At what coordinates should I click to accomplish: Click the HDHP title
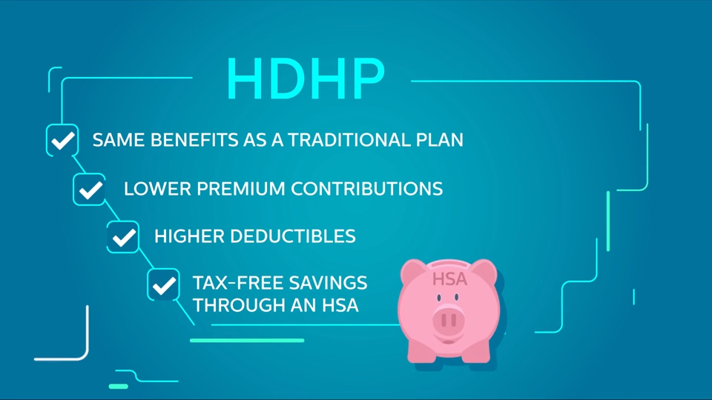[x=306, y=79]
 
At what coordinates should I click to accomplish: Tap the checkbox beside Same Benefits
[x=62, y=140]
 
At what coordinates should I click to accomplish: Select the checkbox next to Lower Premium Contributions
[x=90, y=189]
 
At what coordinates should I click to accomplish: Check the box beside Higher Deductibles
[x=123, y=237]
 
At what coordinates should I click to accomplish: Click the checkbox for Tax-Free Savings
[x=163, y=284]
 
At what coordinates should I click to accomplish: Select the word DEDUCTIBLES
[x=293, y=236]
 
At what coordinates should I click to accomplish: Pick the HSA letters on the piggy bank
[x=449, y=279]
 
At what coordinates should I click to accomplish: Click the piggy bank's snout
[x=449, y=319]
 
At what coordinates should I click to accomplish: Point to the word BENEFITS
[x=194, y=140]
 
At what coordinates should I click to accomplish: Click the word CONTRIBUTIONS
[x=367, y=189]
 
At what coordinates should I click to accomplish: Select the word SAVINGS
[x=329, y=283]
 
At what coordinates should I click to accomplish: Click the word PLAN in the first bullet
[x=440, y=140]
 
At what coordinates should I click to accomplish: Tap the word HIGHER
[x=189, y=236]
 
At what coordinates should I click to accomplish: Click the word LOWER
[x=157, y=189]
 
